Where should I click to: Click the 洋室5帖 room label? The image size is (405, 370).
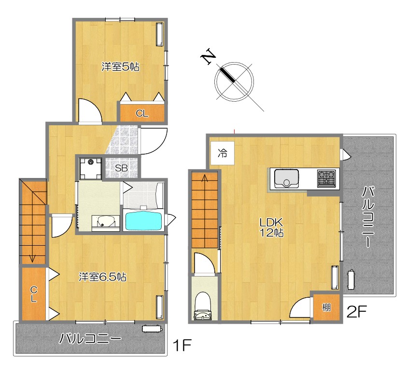(120, 67)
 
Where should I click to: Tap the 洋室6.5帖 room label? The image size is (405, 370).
(102, 277)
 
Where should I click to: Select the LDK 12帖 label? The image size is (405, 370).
(271, 227)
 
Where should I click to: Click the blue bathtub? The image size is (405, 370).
(144, 220)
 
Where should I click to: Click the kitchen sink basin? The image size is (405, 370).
(286, 178)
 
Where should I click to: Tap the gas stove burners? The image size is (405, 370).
(326, 178)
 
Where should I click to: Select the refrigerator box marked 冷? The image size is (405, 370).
(223, 153)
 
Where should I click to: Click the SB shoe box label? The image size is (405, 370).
(121, 168)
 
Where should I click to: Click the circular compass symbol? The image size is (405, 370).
(234, 82)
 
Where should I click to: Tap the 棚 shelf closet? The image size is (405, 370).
(326, 307)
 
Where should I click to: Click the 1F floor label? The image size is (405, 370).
(182, 345)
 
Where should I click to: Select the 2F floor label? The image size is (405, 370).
(356, 312)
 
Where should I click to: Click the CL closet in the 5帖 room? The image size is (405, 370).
(142, 113)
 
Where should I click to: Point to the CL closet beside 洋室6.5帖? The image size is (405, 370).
(34, 294)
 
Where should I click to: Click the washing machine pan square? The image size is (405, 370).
(90, 168)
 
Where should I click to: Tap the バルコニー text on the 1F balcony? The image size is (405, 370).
(90, 338)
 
